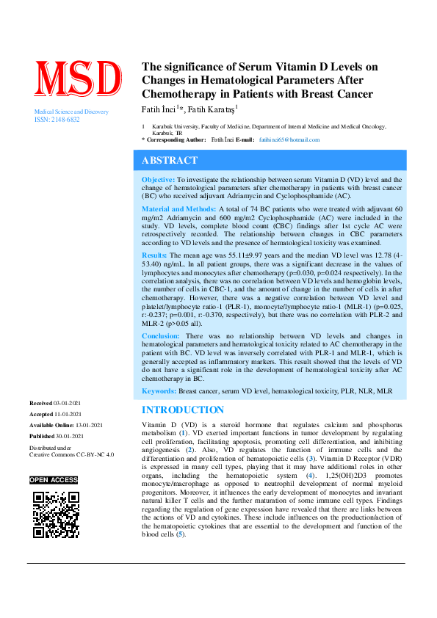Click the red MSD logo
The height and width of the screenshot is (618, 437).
[x=79, y=80]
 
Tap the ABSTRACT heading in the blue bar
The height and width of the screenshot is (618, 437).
[x=169, y=160]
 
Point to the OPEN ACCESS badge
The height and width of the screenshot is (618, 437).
[x=54, y=479]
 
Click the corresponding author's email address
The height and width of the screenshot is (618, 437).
[x=289, y=139]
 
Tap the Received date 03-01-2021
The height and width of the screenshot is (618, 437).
[x=71, y=404]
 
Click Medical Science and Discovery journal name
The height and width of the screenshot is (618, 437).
[x=72, y=112]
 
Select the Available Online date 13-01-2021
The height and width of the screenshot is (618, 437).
[x=87, y=425]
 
